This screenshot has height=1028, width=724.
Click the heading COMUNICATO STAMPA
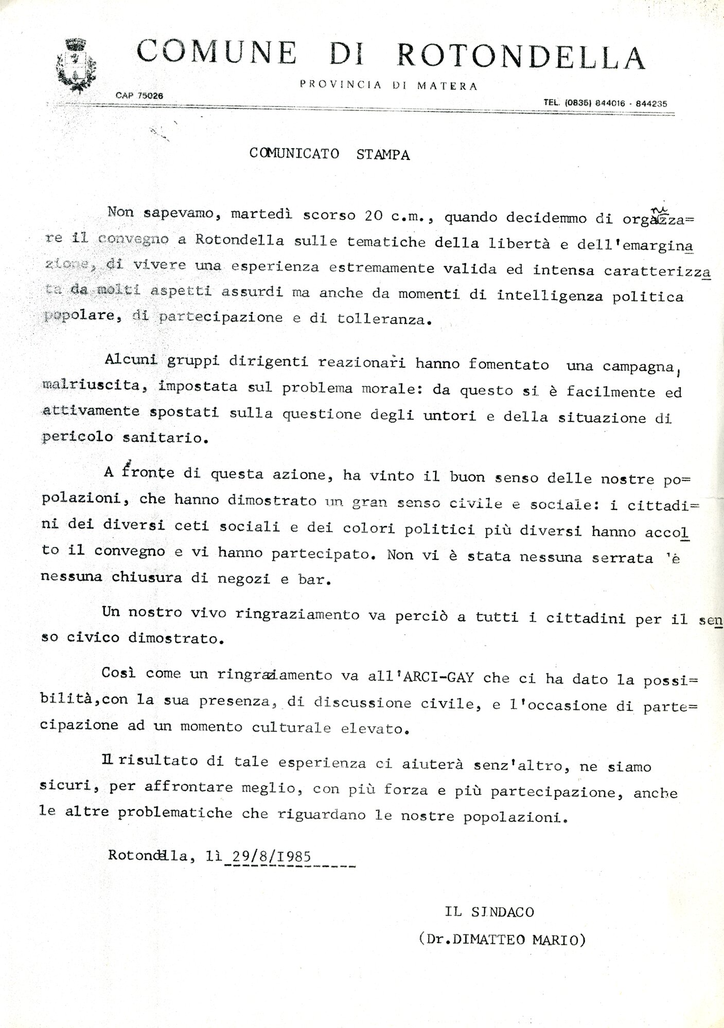point(329,154)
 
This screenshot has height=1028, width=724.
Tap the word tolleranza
point(381,319)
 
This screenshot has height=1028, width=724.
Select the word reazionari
point(362,362)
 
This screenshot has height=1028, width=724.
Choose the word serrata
point(622,558)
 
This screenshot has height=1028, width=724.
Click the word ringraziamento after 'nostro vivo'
point(297,614)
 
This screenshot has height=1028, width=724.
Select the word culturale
point(291,727)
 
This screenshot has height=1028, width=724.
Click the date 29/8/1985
point(272,856)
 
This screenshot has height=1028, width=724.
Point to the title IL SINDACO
point(489,912)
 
